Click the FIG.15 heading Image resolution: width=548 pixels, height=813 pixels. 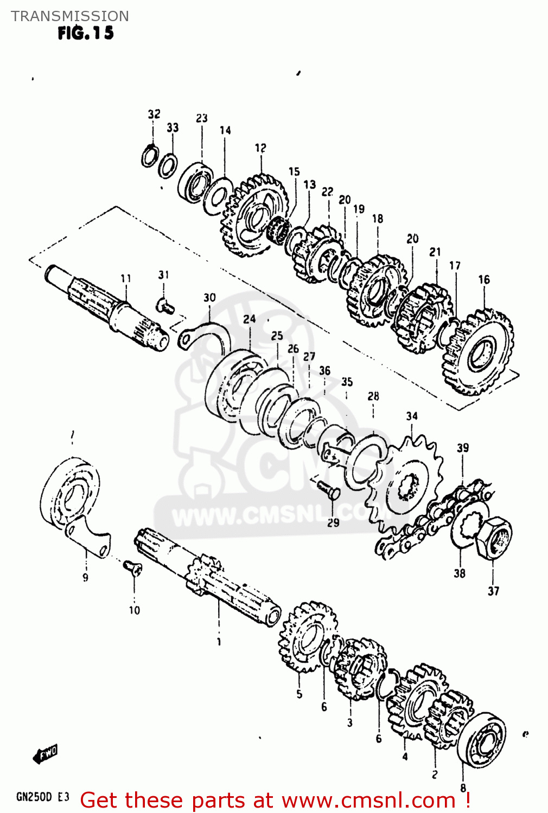click(86, 33)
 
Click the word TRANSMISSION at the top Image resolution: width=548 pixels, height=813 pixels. click(70, 16)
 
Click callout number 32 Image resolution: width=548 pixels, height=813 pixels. click(154, 114)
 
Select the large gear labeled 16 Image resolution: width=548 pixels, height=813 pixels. click(477, 352)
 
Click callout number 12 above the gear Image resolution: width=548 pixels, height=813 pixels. click(260, 147)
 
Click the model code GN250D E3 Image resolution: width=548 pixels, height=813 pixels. click(43, 797)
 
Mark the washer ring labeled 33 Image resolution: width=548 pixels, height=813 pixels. click(168, 166)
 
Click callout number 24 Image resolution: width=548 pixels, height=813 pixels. click(249, 319)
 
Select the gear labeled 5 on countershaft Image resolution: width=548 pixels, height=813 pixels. click(307, 637)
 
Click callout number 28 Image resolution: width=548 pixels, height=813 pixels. click(373, 396)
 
